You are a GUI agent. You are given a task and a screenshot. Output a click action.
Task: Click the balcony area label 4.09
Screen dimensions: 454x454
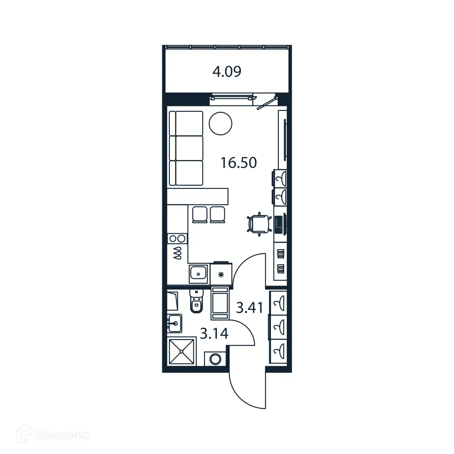click(227, 72)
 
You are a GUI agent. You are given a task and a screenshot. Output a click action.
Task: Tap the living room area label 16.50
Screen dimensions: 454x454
click(239, 163)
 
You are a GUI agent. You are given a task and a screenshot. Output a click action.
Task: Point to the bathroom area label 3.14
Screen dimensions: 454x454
click(214, 333)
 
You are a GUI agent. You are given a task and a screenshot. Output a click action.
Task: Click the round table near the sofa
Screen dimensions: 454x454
click(220, 123)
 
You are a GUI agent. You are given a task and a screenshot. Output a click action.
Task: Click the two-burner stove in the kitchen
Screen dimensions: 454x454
click(178, 239)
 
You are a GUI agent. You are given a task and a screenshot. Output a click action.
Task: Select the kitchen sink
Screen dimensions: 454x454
click(199, 274)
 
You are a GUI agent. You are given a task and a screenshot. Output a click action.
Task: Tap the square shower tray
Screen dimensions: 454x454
click(182, 351)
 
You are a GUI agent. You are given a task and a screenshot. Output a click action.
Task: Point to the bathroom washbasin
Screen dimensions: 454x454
click(175, 323)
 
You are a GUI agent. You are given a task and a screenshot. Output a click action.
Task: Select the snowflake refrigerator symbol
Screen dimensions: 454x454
click(222, 274)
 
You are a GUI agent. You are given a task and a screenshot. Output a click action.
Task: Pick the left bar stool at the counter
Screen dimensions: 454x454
click(200, 214)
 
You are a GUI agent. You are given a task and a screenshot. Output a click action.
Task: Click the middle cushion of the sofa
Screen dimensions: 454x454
click(186, 148)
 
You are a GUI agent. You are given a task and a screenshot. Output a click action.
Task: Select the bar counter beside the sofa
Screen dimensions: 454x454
click(198, 196)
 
